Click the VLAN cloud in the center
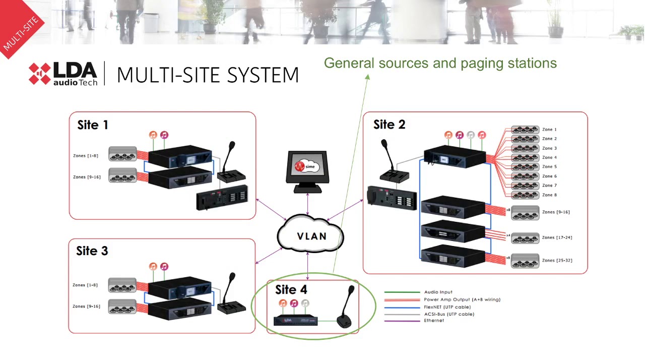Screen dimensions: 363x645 (310, 236)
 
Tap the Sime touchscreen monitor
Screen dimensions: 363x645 (307, 169)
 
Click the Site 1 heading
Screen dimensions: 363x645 (92, 125)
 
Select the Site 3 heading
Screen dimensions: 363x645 (92, 251)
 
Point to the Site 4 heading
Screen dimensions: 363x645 (291, 289)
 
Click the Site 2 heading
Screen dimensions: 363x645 (389, 125)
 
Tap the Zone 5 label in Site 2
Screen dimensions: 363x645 (549, 166)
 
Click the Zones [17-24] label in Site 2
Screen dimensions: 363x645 (557, 237)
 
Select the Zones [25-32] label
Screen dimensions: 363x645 (557, 261)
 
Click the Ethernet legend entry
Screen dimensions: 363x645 (434, 321)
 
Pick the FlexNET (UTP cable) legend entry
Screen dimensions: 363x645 (447, 307)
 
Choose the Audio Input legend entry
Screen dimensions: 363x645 (438, 292)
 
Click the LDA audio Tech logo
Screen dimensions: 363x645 (63, 74)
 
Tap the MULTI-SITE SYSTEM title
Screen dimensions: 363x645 (208, 75)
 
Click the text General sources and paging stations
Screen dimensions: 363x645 (440, 63)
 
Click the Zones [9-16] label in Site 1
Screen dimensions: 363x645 (87, 177)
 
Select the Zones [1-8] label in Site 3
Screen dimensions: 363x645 (85, 285)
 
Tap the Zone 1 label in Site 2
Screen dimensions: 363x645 (549, 130)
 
